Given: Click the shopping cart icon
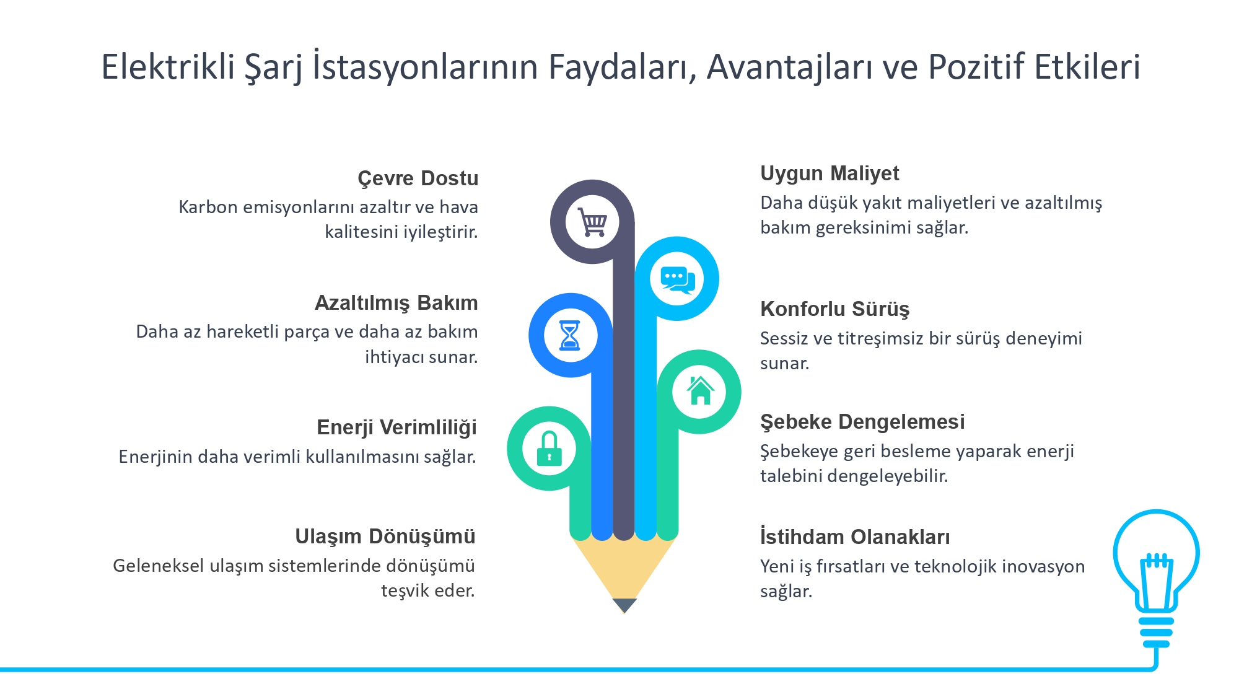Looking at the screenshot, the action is pos(592,222).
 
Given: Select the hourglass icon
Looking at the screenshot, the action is pos(570,336).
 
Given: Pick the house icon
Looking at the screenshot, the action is pos(700,390).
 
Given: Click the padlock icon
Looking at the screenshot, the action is pos(549,449).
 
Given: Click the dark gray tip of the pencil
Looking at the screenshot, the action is pos(624,605).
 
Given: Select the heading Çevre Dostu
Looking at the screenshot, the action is pos(418,178).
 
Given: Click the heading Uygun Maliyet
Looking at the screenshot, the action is pos(830,174).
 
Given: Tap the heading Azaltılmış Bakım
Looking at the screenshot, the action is pos(396,303).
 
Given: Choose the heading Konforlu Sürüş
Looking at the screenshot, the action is pos(835,309).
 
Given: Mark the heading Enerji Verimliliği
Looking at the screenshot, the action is pos(396,427).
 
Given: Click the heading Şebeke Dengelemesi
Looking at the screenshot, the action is pos(862,422).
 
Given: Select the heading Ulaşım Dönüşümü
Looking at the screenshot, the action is pos(385,537).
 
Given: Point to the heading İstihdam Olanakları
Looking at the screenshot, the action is pos(855,537).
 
